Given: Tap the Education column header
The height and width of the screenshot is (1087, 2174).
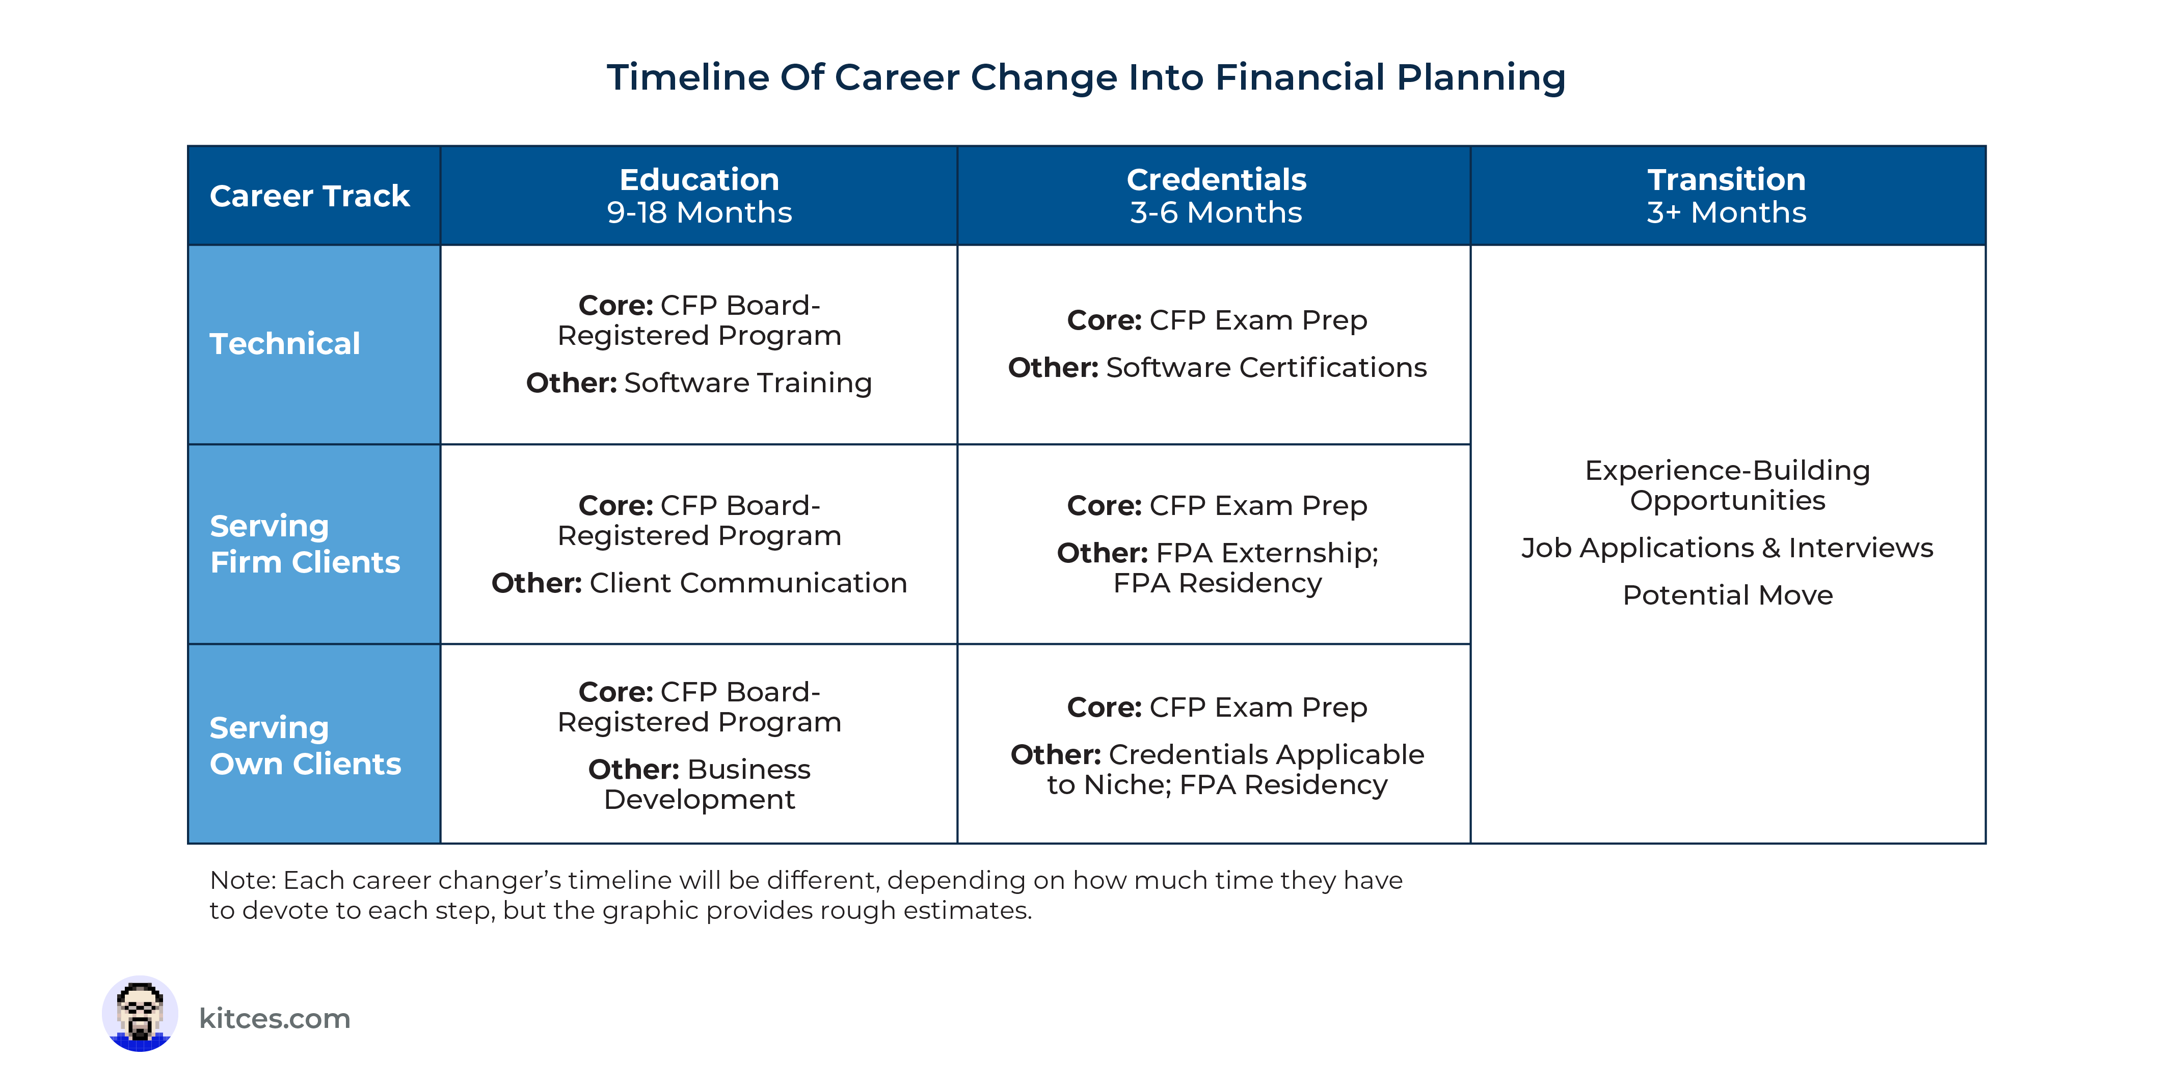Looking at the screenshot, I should point(699,180).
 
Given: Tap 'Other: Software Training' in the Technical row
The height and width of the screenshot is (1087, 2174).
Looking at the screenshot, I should point(699,383).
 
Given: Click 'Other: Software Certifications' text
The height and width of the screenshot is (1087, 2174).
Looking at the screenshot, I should point(1216,368).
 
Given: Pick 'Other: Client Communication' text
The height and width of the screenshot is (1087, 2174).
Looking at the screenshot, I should point(699,583).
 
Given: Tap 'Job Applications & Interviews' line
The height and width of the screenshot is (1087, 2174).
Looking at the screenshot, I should point(1727,548).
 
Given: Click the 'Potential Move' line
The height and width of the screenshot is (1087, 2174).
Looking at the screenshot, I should point(1727,595).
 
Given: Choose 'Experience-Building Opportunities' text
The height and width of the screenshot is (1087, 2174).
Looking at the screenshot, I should point(1727,485).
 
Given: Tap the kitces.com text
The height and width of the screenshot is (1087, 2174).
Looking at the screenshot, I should point(274,1019).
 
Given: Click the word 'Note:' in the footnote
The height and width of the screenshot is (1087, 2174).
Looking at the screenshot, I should point(242,880).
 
